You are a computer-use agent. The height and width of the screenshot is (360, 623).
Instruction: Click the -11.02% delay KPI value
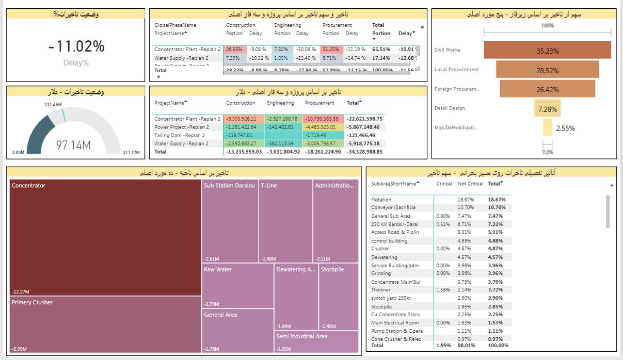[76, 46]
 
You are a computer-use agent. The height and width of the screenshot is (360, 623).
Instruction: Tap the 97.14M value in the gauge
[73, 145]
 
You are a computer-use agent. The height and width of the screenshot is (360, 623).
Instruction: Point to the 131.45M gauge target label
[54, 104]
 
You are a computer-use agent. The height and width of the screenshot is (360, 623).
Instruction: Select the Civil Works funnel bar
[547, 51]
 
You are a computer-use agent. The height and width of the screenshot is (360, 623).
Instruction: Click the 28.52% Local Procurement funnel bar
[547, 70]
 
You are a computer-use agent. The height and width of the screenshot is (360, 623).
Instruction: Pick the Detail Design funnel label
[450, 108]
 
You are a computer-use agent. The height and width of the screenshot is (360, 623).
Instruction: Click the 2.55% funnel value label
[565, 128]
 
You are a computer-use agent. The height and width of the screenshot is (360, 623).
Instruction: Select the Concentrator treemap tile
[105, 237]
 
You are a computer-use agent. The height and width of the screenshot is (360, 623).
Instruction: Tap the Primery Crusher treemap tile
[105, 324]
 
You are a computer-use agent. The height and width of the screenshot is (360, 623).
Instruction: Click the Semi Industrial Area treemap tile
[316, 341]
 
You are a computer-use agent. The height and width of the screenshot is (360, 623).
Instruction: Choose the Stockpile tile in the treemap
[339, 297]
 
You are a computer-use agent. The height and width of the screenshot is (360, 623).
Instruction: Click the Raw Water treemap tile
[237, 286]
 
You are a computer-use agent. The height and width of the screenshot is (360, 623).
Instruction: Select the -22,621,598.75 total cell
[364, 119]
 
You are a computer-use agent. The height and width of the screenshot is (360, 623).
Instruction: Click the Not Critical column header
[470, 184]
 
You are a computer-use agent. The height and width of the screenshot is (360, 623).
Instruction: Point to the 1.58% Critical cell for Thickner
[443, 290]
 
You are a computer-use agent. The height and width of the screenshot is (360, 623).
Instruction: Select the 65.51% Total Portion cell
[381, 50]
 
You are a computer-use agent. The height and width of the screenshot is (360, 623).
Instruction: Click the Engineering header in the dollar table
[280, 103]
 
